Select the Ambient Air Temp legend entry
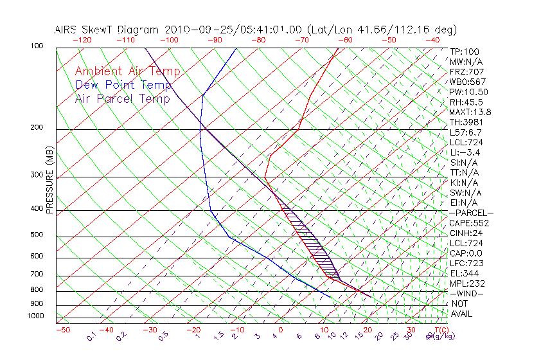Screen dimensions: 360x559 pos(128,71)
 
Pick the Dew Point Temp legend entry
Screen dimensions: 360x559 pos(123,85)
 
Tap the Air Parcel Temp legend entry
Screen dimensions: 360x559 pos(123,98)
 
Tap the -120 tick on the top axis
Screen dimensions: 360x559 pos(82,40)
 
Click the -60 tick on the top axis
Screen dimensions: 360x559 pos(345,40)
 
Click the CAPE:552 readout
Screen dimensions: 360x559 pos(469,223)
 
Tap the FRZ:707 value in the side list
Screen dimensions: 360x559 pos(466,71)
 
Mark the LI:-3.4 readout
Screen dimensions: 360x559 pos(465,152)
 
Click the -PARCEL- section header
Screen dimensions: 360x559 pos(471,213)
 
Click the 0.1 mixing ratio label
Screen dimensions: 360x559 pos(91,336)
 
